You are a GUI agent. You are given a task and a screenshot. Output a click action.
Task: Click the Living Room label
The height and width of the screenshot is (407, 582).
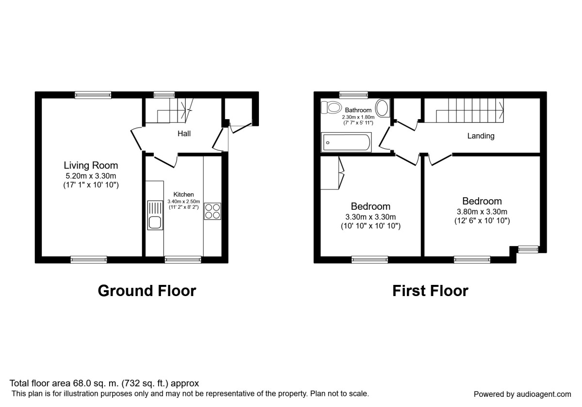[91, 166]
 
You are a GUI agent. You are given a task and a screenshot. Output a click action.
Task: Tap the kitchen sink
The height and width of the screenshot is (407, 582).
[155, 216]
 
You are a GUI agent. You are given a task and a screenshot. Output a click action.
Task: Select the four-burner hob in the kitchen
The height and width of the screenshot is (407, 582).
[212, 211]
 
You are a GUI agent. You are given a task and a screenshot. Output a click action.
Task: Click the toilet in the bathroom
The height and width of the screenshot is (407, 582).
[333, 107]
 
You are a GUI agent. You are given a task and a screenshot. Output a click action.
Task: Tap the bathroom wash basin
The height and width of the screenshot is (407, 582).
[382, 108]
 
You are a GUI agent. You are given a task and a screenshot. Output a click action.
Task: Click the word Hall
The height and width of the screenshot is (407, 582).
[184, 133]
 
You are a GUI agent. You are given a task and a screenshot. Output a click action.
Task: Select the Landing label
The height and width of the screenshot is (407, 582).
[481, 136]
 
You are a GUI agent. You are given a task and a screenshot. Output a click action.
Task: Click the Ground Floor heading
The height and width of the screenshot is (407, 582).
[147, 291]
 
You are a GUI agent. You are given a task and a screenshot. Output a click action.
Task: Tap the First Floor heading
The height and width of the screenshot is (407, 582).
[430, 291]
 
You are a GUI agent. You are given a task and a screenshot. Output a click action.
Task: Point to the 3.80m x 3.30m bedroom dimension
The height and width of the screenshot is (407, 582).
[482, 212]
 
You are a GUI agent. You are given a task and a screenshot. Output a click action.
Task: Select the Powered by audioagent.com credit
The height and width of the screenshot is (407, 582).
[522, 394]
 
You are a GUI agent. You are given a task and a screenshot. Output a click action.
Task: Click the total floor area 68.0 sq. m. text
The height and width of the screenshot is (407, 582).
[104, 383]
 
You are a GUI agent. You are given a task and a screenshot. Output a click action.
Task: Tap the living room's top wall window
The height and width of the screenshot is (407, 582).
[93, 95]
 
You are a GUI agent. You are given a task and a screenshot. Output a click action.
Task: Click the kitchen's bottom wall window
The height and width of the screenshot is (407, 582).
[183, 260]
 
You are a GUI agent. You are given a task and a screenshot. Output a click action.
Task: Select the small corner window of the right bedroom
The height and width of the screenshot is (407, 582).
[528, 250]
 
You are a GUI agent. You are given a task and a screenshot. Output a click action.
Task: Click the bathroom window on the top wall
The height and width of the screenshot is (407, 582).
[353, 95]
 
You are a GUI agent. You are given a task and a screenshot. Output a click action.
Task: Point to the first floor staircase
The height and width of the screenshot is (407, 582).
[470, 110]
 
